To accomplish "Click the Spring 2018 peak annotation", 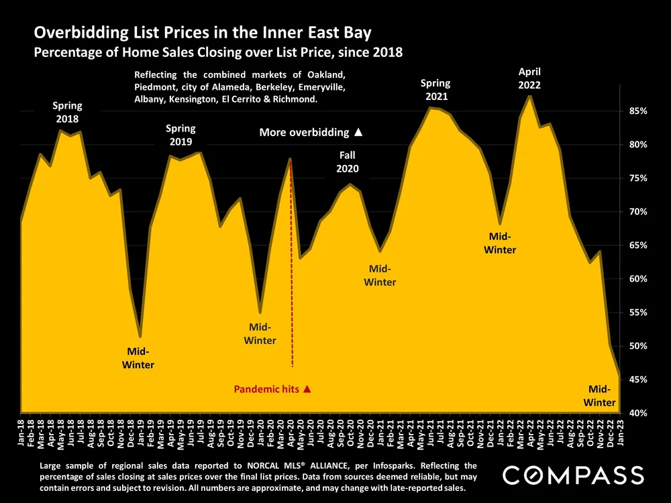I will (67, 112).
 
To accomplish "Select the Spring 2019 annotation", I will (180, 135).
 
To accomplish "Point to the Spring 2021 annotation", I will (435, 90).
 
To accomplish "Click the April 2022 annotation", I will (529, 78).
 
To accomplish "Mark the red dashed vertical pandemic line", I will (291, 268).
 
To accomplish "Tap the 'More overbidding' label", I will (311, 133).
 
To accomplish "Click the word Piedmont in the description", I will (155, 87).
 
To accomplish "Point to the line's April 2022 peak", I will (530, 97).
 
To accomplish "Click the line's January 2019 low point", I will (140, 336).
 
